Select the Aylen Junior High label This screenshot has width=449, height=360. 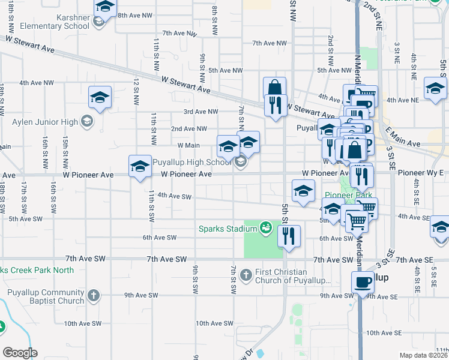[x=45, y=122]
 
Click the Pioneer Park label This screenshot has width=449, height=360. [x=349, y=195]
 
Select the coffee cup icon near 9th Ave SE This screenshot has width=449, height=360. [x=363, y=282]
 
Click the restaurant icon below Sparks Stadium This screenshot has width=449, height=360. [x=289, y=237]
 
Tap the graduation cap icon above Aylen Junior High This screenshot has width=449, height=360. [x=100, y=97]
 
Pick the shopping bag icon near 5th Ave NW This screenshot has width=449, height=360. [x=274, y=88]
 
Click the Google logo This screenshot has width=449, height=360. [x=20, y=353]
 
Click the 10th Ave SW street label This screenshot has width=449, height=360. [x=214, y=323]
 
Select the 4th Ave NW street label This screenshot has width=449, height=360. [x=37, y=83]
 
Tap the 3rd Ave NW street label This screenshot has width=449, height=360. [x=200, y=112]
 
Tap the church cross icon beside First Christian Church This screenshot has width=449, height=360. [x=246, y=275]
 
